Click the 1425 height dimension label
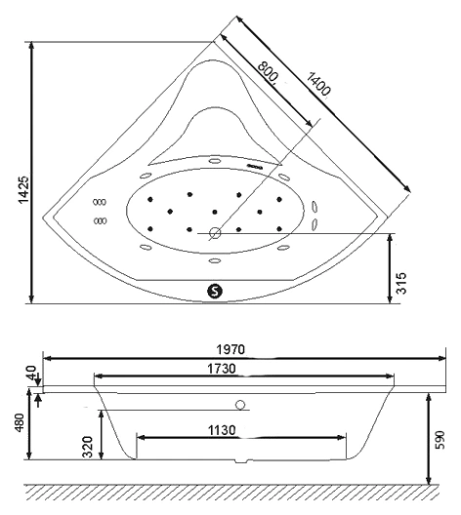23,189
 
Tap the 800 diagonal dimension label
268,71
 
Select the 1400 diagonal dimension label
318,84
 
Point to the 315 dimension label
401,283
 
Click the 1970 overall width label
230,349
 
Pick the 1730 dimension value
222,369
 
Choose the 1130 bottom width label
222,430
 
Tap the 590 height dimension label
440,440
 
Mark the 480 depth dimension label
20,424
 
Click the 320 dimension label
88,447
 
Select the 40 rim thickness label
33,373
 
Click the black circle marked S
215,291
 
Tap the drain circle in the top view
215,233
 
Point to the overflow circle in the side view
240,405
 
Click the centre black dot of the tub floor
215,212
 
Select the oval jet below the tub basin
215,260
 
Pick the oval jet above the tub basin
215,161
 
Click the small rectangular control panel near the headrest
254,166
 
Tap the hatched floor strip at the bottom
232,492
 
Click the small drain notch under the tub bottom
241,461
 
